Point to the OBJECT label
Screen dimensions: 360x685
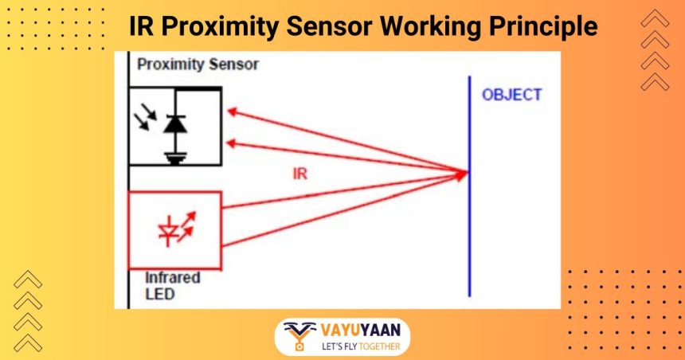(x=511, y=95)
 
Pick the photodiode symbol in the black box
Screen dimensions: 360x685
(x=174, y=123)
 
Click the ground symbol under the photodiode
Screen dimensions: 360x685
(x=174, y=157)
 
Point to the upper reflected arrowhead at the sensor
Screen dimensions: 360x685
(x=231, y=112)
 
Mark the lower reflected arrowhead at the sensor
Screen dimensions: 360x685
(x=231, y=143)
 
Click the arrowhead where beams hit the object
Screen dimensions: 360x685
(x=462, y=171)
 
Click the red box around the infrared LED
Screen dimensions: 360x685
(x=130, y=231)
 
